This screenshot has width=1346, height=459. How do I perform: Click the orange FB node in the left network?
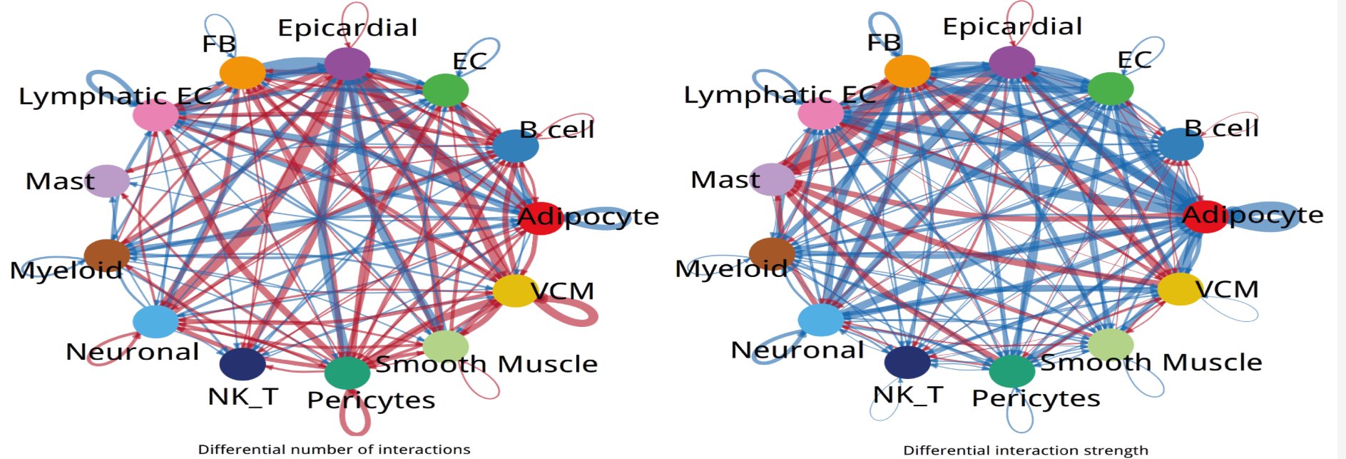coord(243,73)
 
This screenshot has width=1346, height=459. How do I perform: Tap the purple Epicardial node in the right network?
coord(1012,62)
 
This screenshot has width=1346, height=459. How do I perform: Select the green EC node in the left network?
coord(446,90)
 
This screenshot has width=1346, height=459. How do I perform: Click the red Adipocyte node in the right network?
coord(1204,216)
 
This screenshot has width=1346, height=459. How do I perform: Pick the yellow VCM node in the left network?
coord(515,291)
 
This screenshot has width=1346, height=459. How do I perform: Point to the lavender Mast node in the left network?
coord(107,181)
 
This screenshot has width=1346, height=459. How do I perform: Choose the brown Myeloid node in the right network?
coord(772,254)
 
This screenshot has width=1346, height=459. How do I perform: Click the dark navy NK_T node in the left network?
coord(243,364)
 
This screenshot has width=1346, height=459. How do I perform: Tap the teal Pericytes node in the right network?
coord(1011,370)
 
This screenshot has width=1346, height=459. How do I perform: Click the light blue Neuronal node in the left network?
coord(155,322)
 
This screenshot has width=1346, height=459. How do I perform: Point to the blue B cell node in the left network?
coord(516,146)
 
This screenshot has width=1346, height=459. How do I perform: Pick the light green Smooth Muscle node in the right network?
coord(1111,345)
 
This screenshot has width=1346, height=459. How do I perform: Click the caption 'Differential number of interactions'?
coord(334,449)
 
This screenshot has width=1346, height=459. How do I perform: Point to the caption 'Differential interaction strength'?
coord(1026,450)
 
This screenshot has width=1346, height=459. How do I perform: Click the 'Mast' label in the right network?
coord(725,179)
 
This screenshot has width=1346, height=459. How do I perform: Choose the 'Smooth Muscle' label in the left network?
coord(486,364)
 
